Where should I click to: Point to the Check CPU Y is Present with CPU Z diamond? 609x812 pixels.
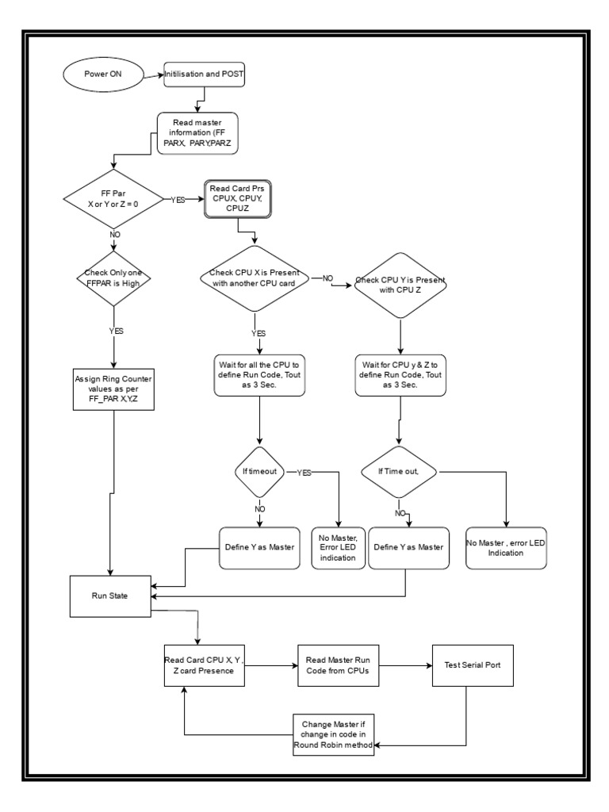[400, 285]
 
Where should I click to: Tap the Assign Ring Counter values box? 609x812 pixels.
[114, 389]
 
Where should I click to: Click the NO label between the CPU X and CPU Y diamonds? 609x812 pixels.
[327, 279]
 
